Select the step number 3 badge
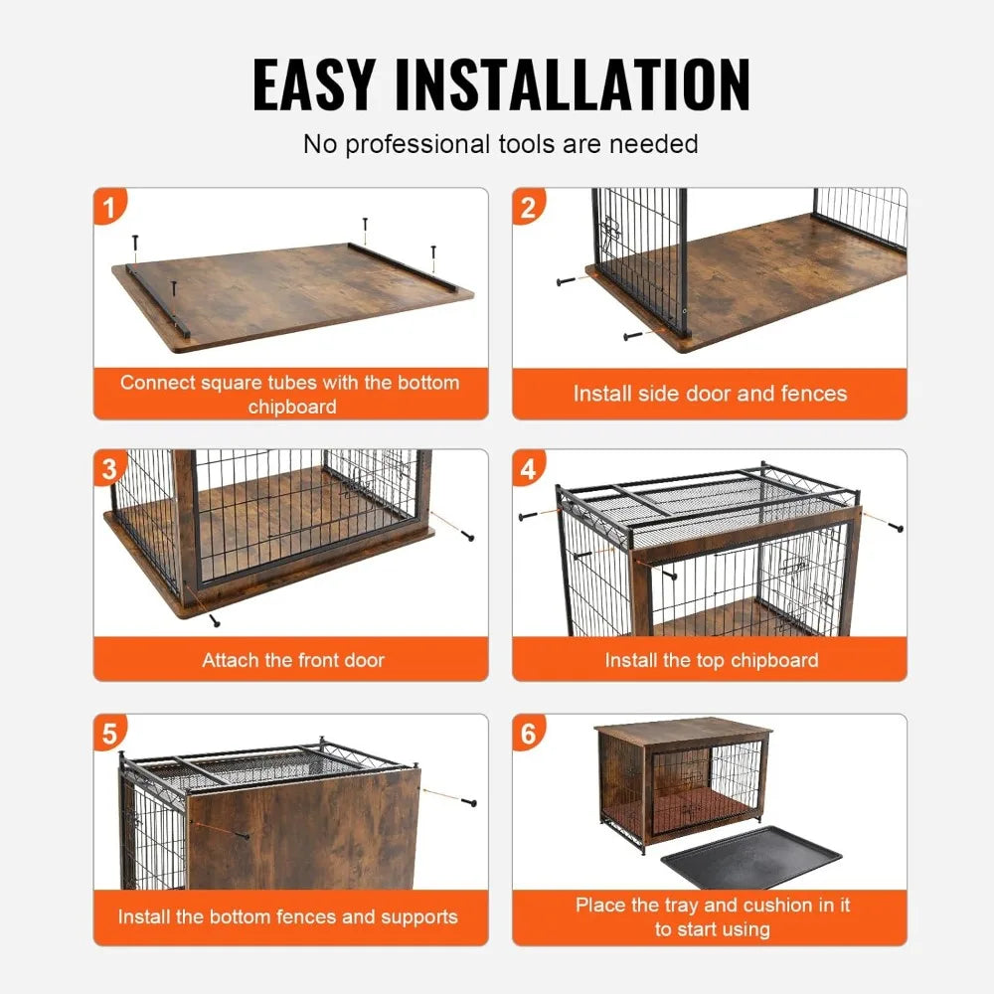(x=110, y=467)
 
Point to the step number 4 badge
(x=529, y=467)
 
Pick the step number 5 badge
(x=110, y=734)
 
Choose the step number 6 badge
(x=529, y=734)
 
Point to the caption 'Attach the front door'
(x=292, y=660)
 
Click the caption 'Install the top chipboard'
(x=711, y=660)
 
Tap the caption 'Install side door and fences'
(x=710, y=394)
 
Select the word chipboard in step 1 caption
(x=292, y=406)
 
